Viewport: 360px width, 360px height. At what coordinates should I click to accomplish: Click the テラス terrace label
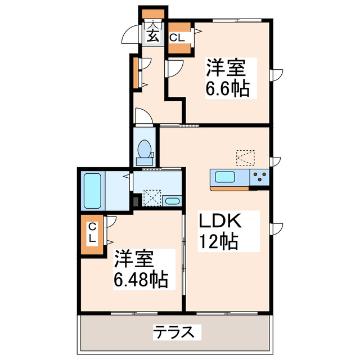tap(176, 332)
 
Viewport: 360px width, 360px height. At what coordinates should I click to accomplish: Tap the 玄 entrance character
tap(153, 35)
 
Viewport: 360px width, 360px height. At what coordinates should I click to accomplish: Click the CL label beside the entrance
tap(177, 38)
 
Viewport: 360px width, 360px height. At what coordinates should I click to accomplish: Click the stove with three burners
tap(260, 178)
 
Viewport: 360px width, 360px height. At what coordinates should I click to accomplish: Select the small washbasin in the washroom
tap(172, 201)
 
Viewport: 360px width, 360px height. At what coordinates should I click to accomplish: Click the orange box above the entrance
tap(152, 13)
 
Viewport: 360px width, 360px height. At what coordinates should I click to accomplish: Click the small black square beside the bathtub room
tap(135, 200)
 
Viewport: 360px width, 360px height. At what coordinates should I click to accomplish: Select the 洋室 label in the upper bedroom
tap(225, 68)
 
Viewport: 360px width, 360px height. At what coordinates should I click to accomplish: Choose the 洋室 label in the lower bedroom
tap(134, 259)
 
